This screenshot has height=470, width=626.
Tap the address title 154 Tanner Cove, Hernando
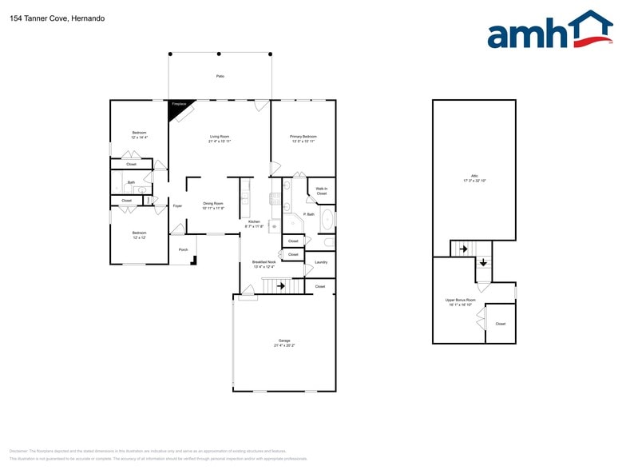46,18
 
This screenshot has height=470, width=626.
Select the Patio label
220,76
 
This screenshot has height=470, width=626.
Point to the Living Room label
220,137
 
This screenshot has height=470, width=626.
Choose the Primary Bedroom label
303,137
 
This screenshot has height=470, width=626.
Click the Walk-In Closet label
321,191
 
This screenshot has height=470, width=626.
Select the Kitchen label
254,221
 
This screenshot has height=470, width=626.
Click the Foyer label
177,206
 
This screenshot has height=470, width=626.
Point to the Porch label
183,249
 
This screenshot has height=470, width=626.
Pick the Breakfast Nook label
263,262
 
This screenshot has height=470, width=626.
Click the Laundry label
321,262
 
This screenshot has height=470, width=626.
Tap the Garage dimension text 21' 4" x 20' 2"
284,345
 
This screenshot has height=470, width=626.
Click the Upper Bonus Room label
461,300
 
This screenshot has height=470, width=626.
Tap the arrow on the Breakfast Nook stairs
280,285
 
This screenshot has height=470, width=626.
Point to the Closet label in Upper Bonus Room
500,324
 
